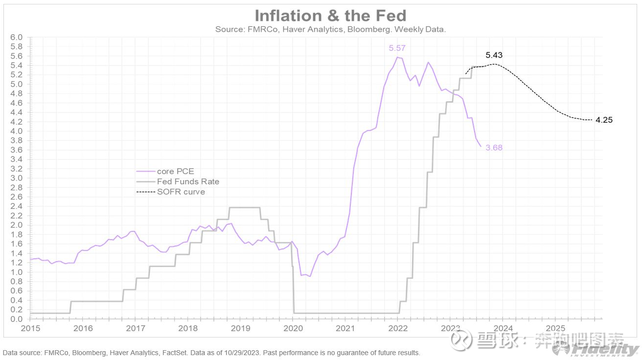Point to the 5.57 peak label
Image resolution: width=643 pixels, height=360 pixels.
pos(397,48)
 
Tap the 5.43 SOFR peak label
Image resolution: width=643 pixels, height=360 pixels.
pos(494,55)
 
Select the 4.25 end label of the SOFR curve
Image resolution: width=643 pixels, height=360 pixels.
pos(604,120)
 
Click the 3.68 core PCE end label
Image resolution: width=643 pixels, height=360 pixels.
pos(494,148)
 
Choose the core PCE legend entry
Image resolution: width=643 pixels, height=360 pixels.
pos(175,171)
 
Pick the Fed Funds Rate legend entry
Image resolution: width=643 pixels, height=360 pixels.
pos(188,181)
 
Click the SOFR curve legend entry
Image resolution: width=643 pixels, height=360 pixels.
pos(181,192)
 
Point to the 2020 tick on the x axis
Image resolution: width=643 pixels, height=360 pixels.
pos(293,328)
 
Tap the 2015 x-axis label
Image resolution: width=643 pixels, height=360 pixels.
pos(30,328)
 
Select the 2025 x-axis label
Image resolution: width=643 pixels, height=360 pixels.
pos(555,328)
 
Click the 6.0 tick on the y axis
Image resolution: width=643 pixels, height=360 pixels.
pos(17,37)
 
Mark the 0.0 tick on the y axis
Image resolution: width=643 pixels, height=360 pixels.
pos(17,319)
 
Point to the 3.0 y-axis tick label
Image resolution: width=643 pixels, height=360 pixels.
pos(17,178)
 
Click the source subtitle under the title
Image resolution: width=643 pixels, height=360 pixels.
pos(330,29)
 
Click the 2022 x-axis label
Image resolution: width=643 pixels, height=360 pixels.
pos(398,328)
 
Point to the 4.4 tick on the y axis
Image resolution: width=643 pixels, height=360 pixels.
pos(17,112)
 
